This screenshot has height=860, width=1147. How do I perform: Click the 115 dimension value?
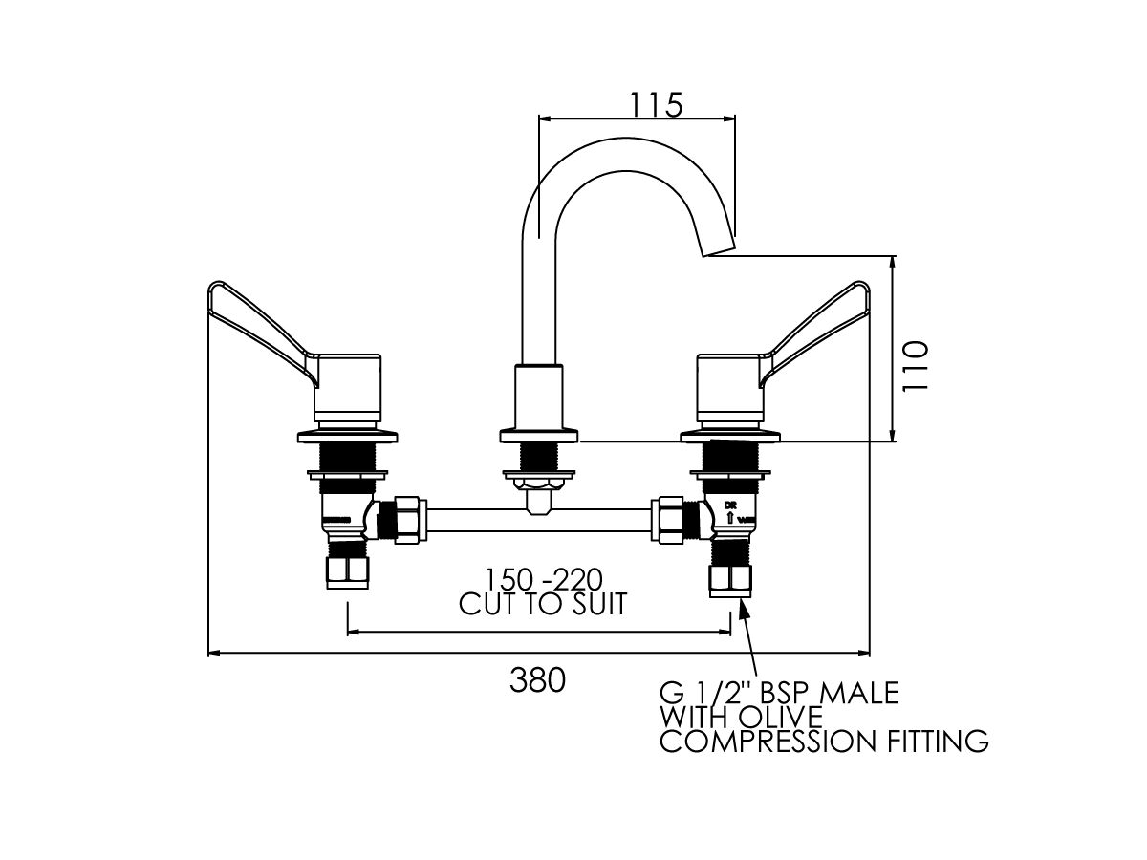coord(656,103)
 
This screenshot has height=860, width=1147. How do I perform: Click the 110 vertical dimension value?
coord(916,365)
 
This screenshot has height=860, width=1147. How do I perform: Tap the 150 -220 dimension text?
coord(542,581)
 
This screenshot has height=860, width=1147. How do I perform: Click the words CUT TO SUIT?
coord(543,604)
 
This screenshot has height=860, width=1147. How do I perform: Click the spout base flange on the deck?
coord(540,437)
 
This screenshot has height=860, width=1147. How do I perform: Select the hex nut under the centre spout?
coord(540,498)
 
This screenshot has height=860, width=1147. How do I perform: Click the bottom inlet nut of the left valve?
coord(347,573)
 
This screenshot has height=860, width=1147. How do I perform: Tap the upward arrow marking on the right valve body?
coord(731,518)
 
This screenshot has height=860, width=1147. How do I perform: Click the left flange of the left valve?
coord(315,436)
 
